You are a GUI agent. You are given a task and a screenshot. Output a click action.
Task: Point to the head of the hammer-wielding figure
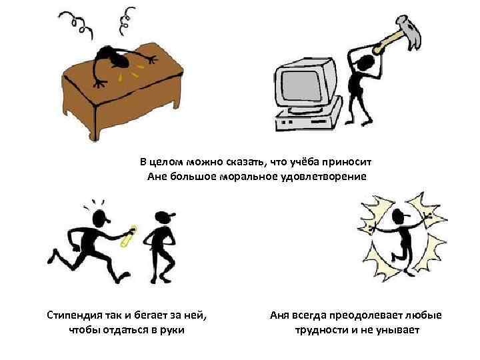coord(366,63)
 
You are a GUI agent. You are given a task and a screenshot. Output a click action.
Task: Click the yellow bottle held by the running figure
coord(129,236)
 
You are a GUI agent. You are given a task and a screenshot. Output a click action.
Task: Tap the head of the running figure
coord(101,217)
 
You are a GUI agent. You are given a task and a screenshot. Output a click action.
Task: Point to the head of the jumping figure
coord(399,217)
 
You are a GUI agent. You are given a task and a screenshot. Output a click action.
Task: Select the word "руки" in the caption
coord(172,330)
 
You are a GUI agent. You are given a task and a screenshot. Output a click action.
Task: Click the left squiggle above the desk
coord(77,23)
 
